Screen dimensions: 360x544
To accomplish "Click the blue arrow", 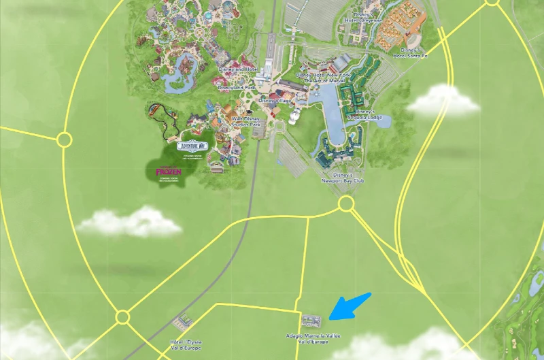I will click(350, 306).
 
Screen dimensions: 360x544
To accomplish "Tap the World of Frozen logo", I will click(167, 171).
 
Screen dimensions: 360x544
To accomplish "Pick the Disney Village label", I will click(274, 101).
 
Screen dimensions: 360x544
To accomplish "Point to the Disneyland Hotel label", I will click(237, 69).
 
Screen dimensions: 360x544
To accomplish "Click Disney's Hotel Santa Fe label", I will click(413, 52).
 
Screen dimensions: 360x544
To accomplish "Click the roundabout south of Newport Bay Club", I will click(346, 203).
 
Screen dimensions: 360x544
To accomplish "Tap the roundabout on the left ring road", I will click(64, 140).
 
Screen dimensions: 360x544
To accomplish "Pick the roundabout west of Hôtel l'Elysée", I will click(122, 317).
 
